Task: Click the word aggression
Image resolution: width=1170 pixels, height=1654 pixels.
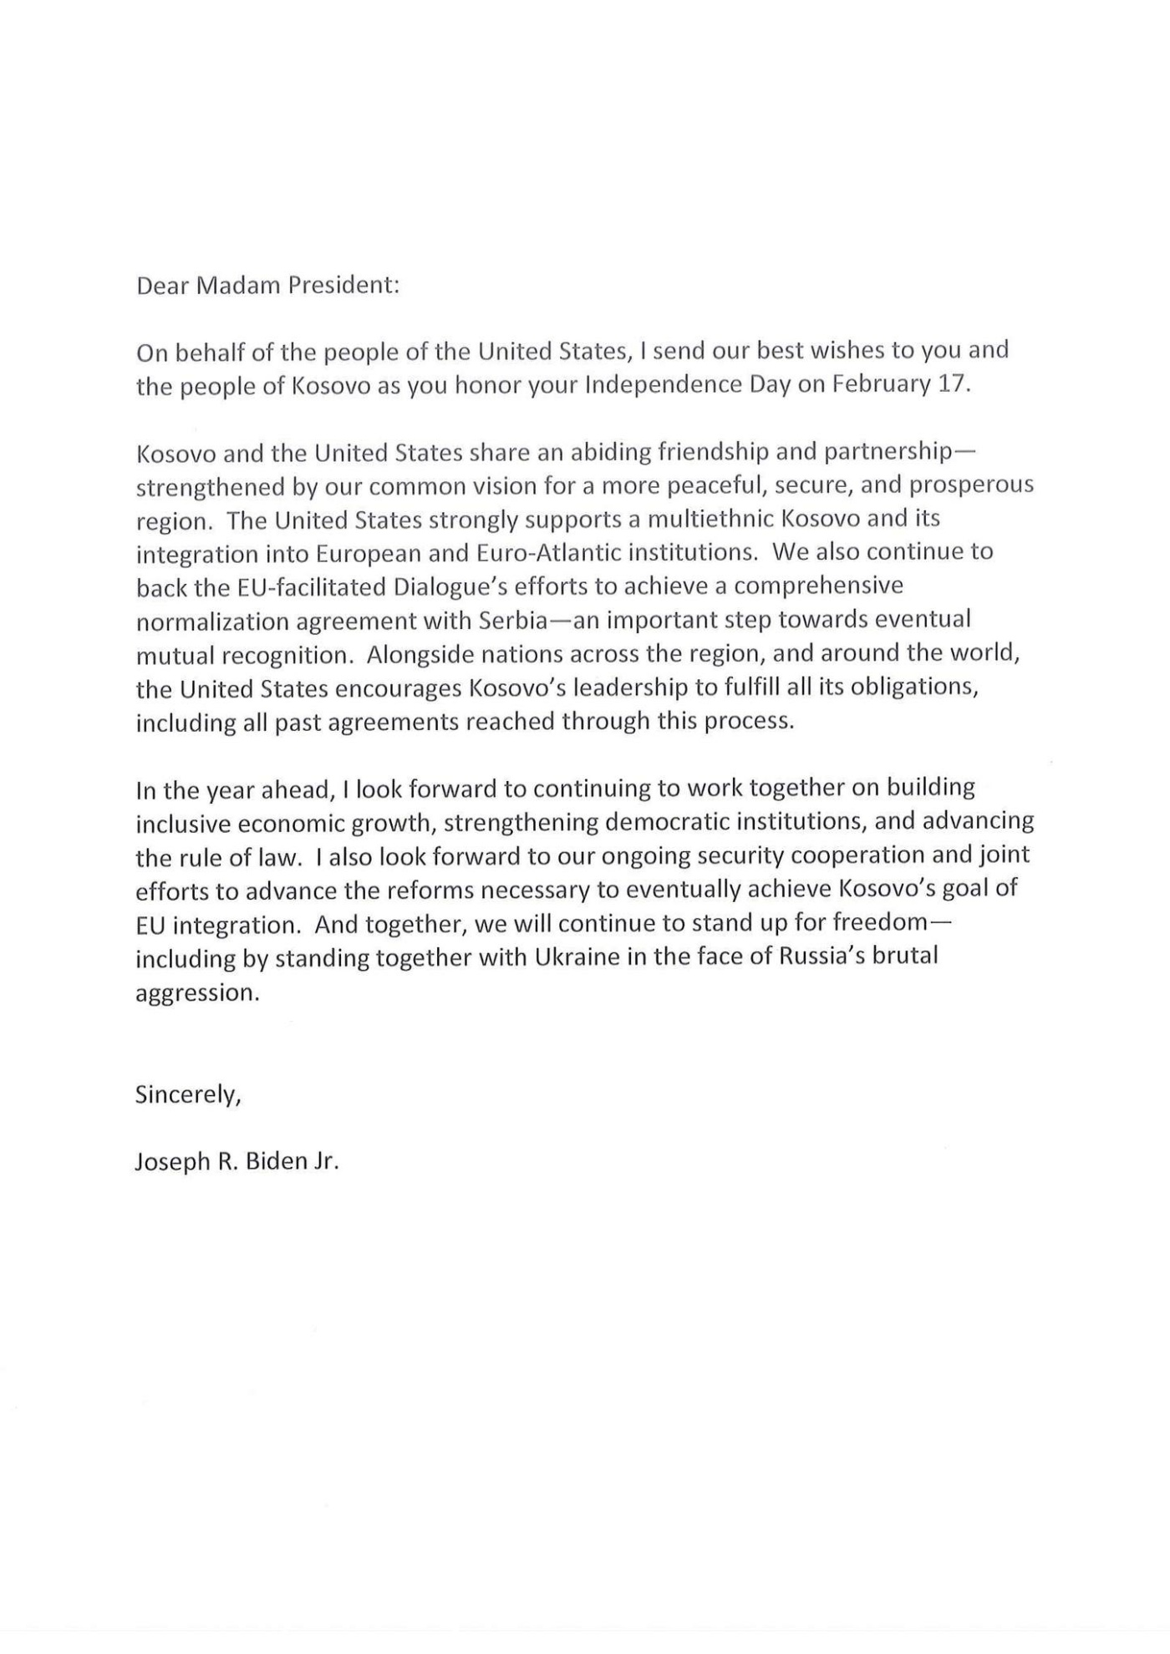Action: coord(196,993)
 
